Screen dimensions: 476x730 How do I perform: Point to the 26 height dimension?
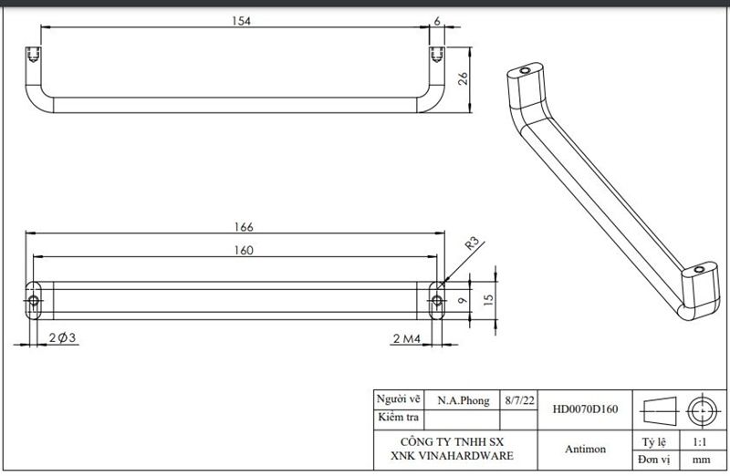(463, 78)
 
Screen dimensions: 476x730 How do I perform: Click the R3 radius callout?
(473, 243)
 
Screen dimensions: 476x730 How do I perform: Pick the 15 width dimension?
(489, 298)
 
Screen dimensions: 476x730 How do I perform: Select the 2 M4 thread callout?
(406, 339)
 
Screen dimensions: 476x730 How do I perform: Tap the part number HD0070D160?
(585, 409)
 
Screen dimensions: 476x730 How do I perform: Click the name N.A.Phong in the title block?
(463, 400)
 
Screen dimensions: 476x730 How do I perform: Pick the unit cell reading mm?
(701, 460)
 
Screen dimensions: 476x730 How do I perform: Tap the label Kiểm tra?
(400, 419)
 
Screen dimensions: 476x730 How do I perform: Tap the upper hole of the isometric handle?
(524, 69)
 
